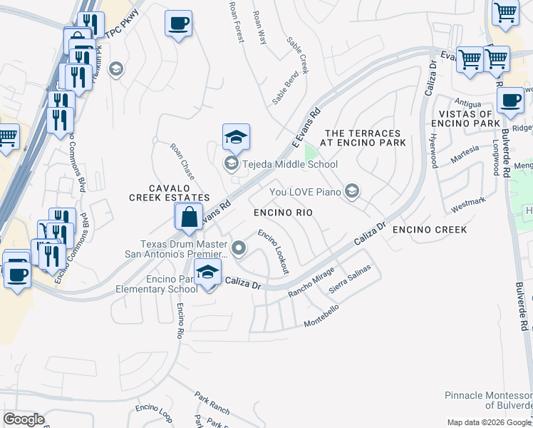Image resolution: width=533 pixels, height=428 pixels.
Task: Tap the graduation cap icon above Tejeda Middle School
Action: (236, 137)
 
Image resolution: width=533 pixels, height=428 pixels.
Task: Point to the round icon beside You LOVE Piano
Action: (351, 190)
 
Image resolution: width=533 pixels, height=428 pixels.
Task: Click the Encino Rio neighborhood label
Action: (283, 213)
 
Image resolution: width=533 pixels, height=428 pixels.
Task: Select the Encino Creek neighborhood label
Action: (430, 230)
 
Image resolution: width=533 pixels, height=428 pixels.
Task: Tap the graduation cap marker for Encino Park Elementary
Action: (207, 273)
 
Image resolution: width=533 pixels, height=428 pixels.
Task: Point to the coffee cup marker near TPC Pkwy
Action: (177, 24)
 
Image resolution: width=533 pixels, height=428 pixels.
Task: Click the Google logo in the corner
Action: (24, 419)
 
